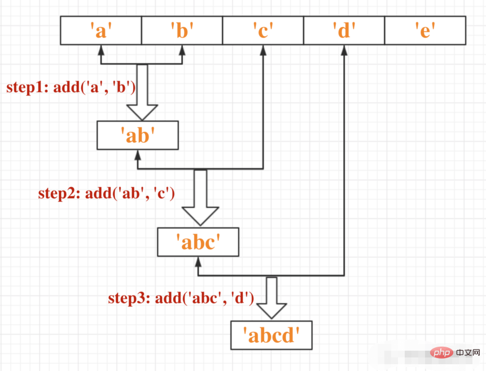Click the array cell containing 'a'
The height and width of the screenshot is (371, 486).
tap(101, 30)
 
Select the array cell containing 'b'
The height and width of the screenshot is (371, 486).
tap(182, 30)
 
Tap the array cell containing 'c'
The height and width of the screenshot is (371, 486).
tap(263, 30)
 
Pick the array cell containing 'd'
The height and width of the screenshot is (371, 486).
tap(344, 30)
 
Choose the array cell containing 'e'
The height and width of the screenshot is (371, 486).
tap(425, 30)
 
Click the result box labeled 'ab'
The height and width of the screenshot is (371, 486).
tap(138, 136)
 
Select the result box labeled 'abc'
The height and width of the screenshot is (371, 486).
tap(198, 242)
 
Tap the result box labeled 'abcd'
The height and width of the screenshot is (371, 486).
tap(271, 335)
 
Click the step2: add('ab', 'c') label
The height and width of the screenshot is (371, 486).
tap(107, 193)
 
